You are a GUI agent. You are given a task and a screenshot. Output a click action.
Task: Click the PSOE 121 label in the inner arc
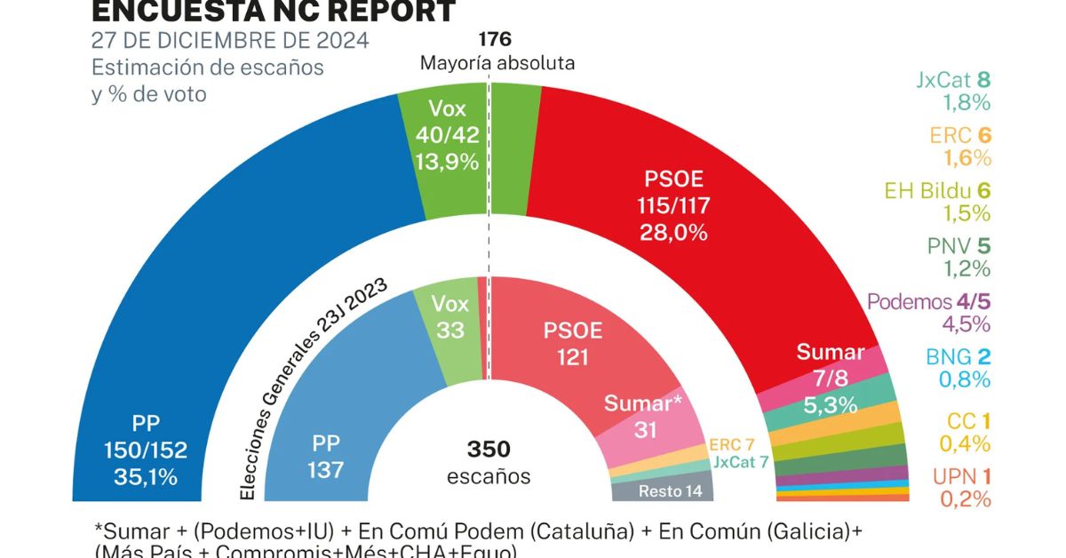point(572,343)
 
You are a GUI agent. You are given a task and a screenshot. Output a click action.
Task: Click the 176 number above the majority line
point(495,39)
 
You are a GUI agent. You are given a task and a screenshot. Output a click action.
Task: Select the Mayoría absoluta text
point(497,63)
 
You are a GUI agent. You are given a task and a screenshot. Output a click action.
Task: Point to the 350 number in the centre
point(489,449)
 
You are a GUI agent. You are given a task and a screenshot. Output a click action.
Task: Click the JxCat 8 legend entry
point(953,80)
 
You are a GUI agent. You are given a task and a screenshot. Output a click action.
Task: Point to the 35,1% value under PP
point(146,476)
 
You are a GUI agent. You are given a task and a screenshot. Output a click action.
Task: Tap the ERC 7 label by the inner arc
point(731,443)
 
